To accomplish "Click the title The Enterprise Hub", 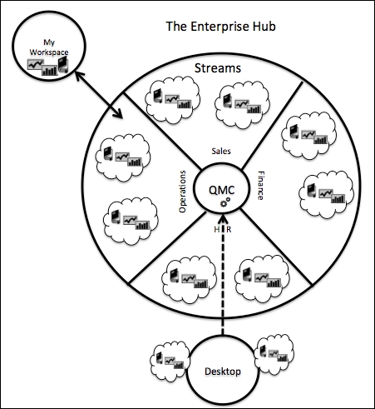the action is (220, 27).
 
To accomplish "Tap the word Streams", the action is (218, 68).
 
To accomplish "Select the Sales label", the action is (221, 151).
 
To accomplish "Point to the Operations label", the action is (182, 192).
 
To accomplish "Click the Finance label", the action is (261, 186).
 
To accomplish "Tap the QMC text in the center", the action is (221, 190).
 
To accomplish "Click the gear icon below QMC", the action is (225, 202).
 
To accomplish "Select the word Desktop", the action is (223, 372).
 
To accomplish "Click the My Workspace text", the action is (49, 47).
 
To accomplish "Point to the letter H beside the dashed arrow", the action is (217, 230).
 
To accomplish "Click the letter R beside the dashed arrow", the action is (229, 230).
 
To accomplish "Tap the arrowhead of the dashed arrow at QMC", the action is (223, 219).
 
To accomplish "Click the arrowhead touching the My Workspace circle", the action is (79, 75).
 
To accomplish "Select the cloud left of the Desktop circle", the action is (170, 362).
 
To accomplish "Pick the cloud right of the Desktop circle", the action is (274, 355).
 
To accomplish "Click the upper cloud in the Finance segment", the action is (308, 136).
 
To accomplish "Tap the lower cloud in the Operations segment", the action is (131, 221).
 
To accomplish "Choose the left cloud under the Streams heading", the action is (173, 99).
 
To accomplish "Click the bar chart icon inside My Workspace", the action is (50, 71).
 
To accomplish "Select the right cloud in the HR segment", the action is (262, 278).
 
